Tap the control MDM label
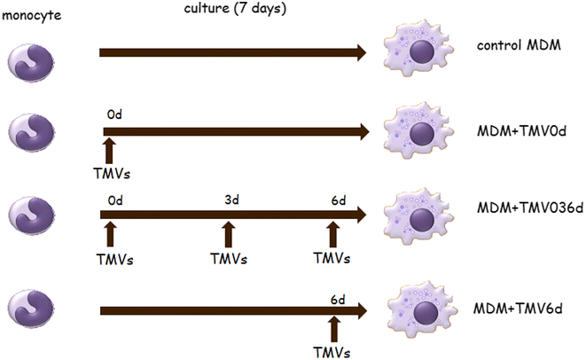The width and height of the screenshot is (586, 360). (512, 45)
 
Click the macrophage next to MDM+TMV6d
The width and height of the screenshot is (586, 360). (426, 311)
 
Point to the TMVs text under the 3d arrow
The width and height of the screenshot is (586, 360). (229, 260)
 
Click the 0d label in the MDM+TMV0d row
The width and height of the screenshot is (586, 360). (113, 115)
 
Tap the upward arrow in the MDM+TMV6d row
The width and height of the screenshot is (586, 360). (332, 329)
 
